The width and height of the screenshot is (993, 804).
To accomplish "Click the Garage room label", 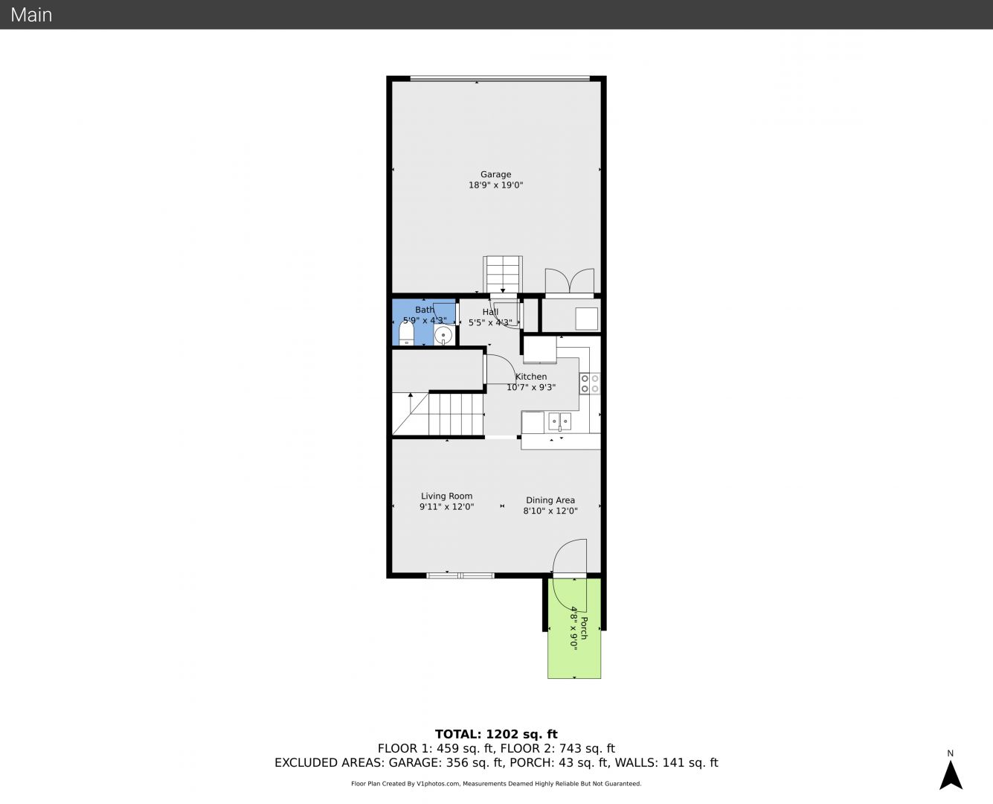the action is (495, 174).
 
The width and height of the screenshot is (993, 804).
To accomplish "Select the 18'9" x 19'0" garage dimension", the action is (495, 185).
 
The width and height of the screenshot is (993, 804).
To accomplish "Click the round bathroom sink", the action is (443, 335).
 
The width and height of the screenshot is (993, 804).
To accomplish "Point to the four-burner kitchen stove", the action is (590, 383).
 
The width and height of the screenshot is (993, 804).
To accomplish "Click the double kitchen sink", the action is (559, 422).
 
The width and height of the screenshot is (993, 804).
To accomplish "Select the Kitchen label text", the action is (531, 377).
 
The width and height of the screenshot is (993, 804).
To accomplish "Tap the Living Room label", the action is (446, 496).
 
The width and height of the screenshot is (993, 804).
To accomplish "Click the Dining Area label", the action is (550, 500).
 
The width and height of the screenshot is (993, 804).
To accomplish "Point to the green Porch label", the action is (584, 628).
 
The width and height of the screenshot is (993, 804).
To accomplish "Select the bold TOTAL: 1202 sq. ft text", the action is (496, 735).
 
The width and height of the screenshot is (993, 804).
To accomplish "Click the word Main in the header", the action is (31, 15).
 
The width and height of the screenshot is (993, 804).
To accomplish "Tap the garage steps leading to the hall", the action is (503, 275).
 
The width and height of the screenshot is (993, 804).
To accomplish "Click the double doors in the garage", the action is (570, 281).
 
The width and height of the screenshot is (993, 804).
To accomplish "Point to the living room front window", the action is (460, 575).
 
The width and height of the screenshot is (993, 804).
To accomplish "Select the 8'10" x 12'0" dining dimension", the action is (550, 511).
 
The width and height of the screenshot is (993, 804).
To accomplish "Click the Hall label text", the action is (490, 312).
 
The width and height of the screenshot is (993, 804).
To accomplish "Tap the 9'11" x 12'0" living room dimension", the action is (446, 507).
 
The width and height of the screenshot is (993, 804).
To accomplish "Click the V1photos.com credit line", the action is (496, 783).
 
